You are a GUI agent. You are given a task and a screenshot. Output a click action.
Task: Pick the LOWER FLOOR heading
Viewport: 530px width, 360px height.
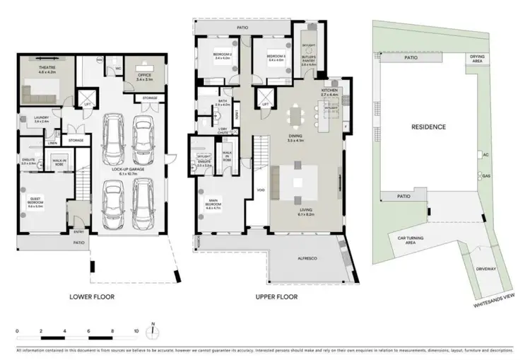point(92,297)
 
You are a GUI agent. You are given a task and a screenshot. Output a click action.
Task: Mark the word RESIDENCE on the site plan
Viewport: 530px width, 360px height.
point(429,127)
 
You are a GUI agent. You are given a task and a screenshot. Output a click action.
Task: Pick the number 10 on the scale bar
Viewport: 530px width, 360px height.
point(135,330)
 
